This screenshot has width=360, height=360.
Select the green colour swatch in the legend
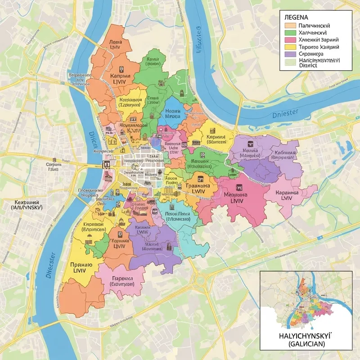(290, 33)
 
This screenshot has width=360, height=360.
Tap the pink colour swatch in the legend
(290, 40)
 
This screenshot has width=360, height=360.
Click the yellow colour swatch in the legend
(290, 46)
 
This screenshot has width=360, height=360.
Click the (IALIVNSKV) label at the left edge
(27, 209)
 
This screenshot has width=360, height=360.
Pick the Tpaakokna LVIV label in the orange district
(198, 188)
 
